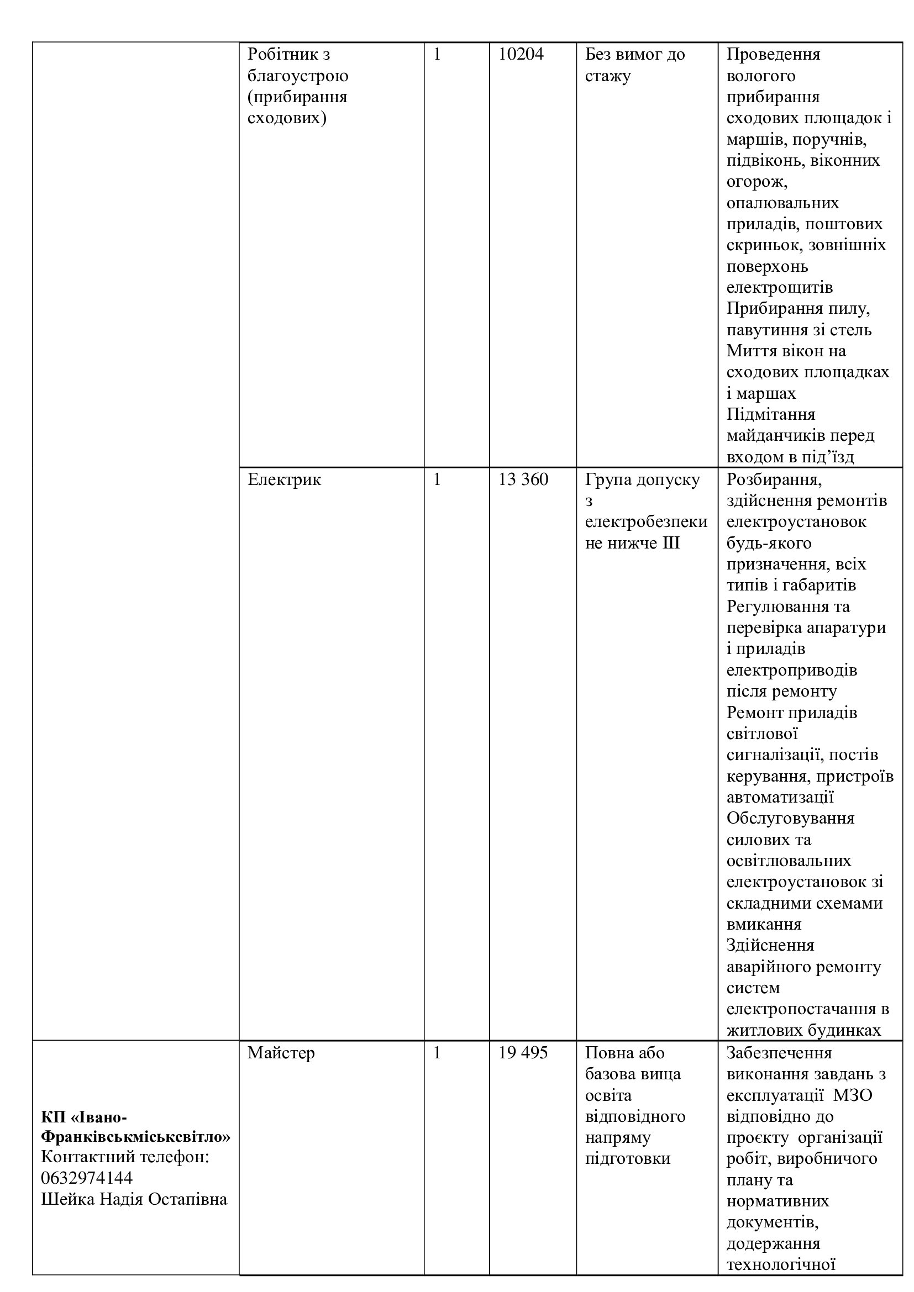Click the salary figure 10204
[x=521, y=55]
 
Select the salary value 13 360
[x=523, y=479]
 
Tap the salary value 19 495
[x=523, y=1053]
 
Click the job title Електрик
[x=284, y=479]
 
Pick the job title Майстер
[x=281, y=1053]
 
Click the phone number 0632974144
[x=87, y=1178]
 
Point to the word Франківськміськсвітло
[x=135, y=1137]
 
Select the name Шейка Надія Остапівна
[x=134, y=1199]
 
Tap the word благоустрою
[x=298, y=76]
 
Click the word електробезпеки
[x=646, y=521]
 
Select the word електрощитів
[x=780, y=288]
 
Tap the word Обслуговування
[x=790, y=818]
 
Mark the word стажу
[x=608, y=76]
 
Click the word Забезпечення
[x=779, y=1053]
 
